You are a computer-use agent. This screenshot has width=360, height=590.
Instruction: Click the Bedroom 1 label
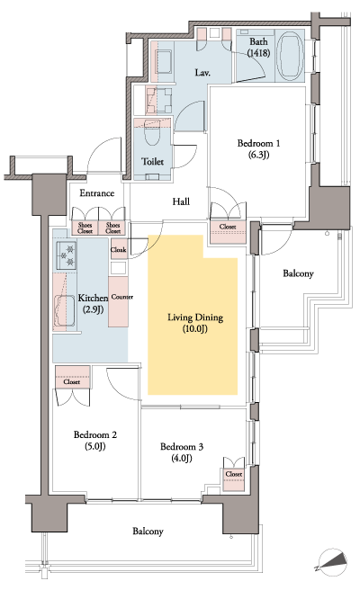258,144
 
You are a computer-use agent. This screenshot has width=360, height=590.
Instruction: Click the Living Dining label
195,317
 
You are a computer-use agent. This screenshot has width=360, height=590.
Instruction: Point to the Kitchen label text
93,298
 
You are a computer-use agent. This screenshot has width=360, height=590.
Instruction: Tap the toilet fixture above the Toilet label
151,135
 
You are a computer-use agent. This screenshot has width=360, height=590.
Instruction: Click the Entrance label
96,193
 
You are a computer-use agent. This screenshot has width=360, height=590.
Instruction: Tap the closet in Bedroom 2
71,380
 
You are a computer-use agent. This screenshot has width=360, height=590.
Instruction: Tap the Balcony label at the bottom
148,532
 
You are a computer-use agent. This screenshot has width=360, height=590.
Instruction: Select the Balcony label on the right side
298,273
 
